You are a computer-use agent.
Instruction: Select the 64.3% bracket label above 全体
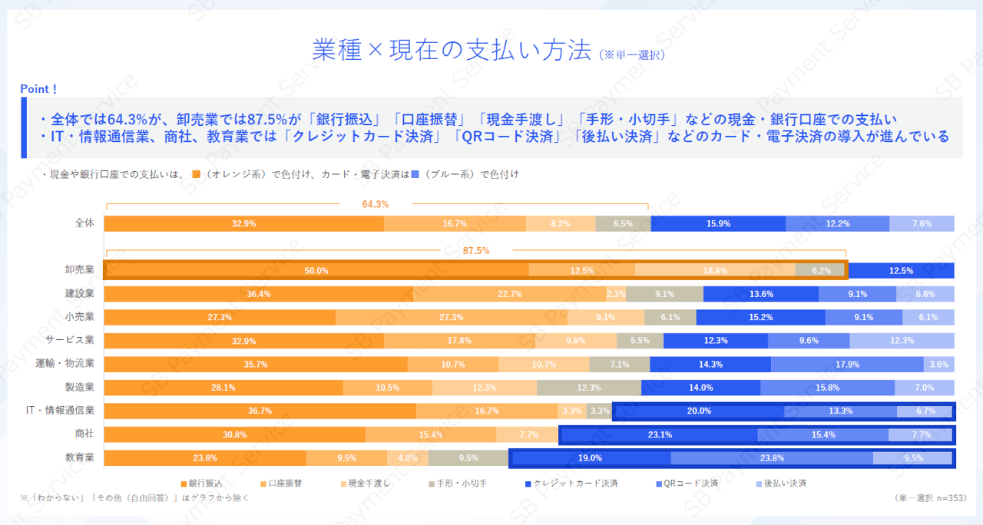click(x=376, y=204)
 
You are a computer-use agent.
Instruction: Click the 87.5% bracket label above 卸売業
click(x=475, y=251)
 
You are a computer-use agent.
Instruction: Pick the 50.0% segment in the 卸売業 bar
click(x=316, y=270)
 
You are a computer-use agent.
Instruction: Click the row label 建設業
click(x=79, y=293)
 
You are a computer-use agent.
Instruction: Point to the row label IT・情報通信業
click(x=60, y=411)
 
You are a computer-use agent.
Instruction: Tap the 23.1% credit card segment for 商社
click(x=660, y=434)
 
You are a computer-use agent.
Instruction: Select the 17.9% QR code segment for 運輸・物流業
click(x=847, y=365)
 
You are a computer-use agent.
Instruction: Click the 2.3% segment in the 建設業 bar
click(x=616, y=294)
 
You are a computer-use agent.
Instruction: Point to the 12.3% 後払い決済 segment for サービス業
click(x=902, y=341)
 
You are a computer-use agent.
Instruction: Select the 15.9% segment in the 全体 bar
click(x=718, y=224)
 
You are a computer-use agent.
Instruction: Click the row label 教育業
click(x=79, y=457)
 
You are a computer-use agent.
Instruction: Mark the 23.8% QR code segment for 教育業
click(x=772, y=458)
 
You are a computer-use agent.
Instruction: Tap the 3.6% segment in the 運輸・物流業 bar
click(x=938, y=365)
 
